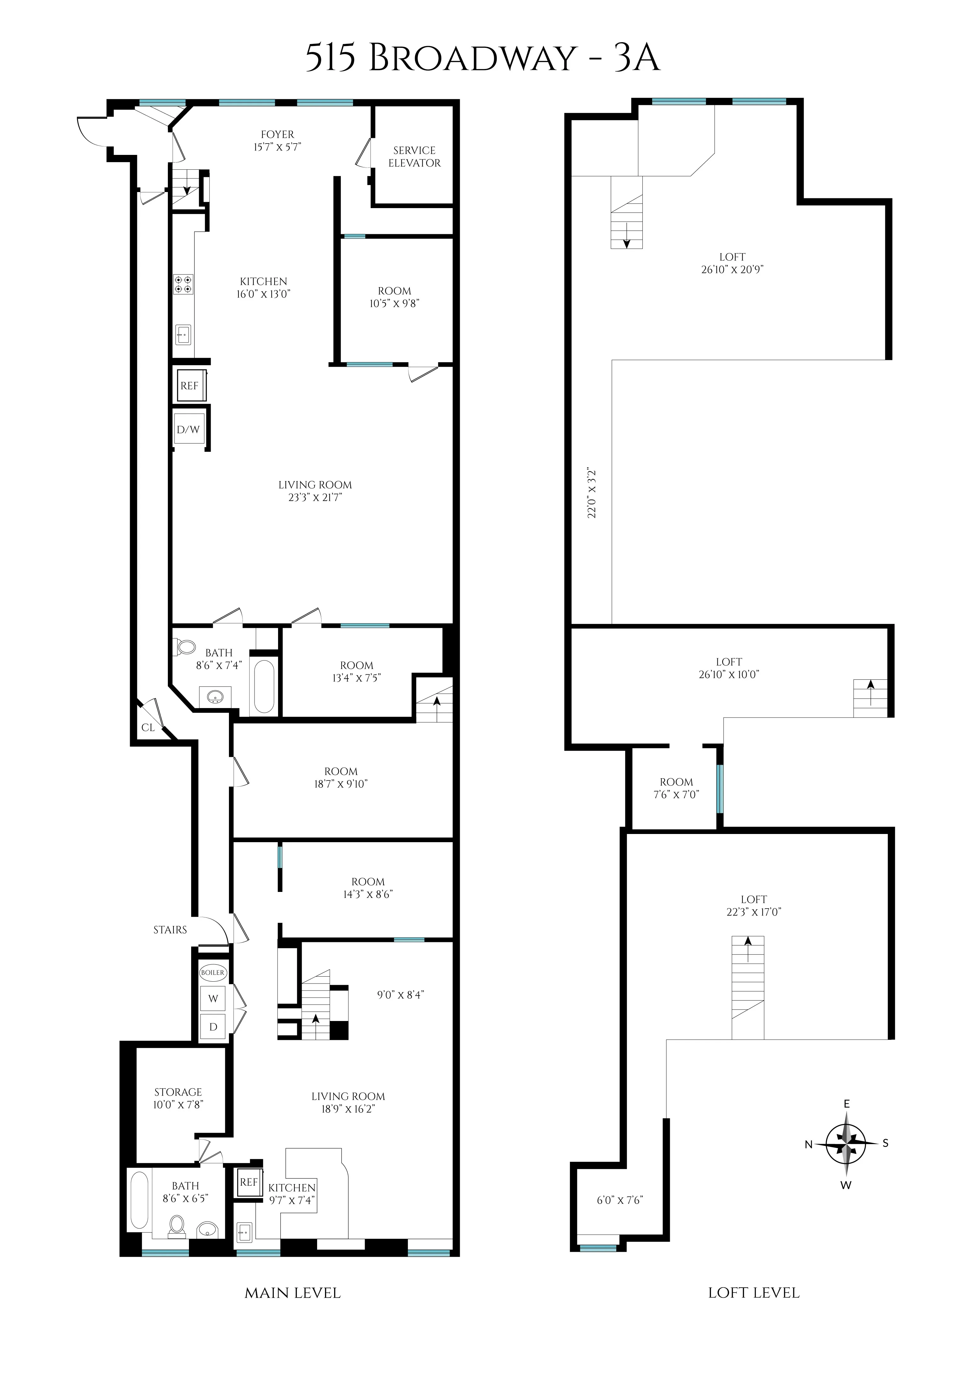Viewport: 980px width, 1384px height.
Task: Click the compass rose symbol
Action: pyautogui.click(x=847, y=1143)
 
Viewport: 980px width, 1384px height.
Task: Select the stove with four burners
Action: pyautogui.click(x=184, y=284)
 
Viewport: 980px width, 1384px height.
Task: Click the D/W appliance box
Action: pyautogui.click(x=188, y=429)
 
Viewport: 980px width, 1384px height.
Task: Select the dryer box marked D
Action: pyautogui.click(x=213, y=1027)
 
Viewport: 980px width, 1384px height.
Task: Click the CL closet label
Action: pyautogui.click(x=148, y=728)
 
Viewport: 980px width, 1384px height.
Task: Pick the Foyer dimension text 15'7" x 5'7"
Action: pyautogui.click(x=277, y=147)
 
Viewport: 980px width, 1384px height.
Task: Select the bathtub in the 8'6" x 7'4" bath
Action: pyautogui.click(x=264, y=687)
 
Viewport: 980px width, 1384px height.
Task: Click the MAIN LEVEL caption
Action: pyautogui.click(x=293, y=1293)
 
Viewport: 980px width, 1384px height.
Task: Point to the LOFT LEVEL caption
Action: pyautogui.click(x=754, y=1293)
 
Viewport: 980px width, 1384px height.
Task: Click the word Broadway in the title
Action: pyautogui.click(x=472, y=59)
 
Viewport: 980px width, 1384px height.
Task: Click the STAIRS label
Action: pyautogui.click(x=170, y=930)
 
